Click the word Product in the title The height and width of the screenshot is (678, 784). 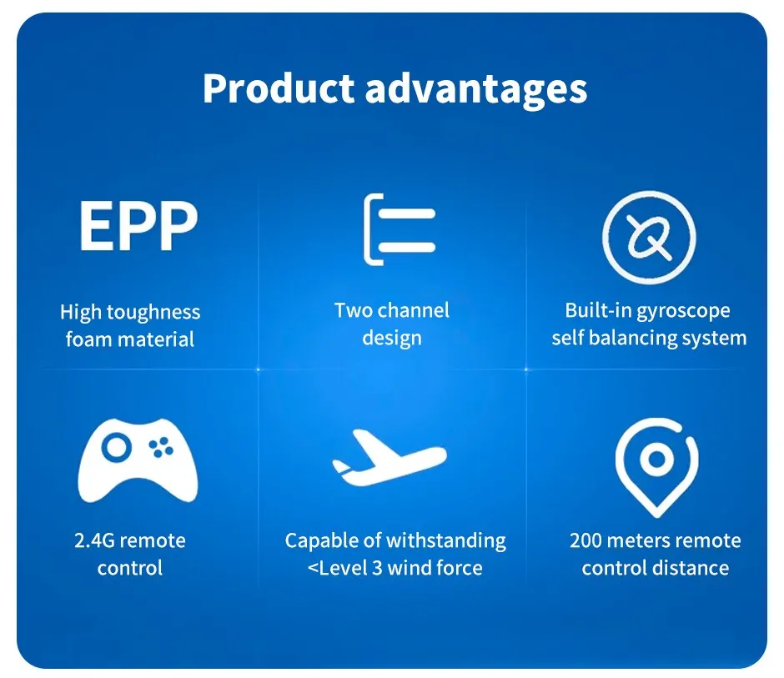[x=279, y=88]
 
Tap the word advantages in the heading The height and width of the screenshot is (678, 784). [x=476, y=90]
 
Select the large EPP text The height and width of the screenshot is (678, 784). [x=138, y=225]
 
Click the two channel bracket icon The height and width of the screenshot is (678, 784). [x=400, y=229]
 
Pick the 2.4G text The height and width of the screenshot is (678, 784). [x=94, y=540]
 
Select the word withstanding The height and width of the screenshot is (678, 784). [x=446, y=541]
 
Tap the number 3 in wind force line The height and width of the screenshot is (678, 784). [x=377, y=568]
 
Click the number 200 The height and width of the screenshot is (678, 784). [x=586, y=540]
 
